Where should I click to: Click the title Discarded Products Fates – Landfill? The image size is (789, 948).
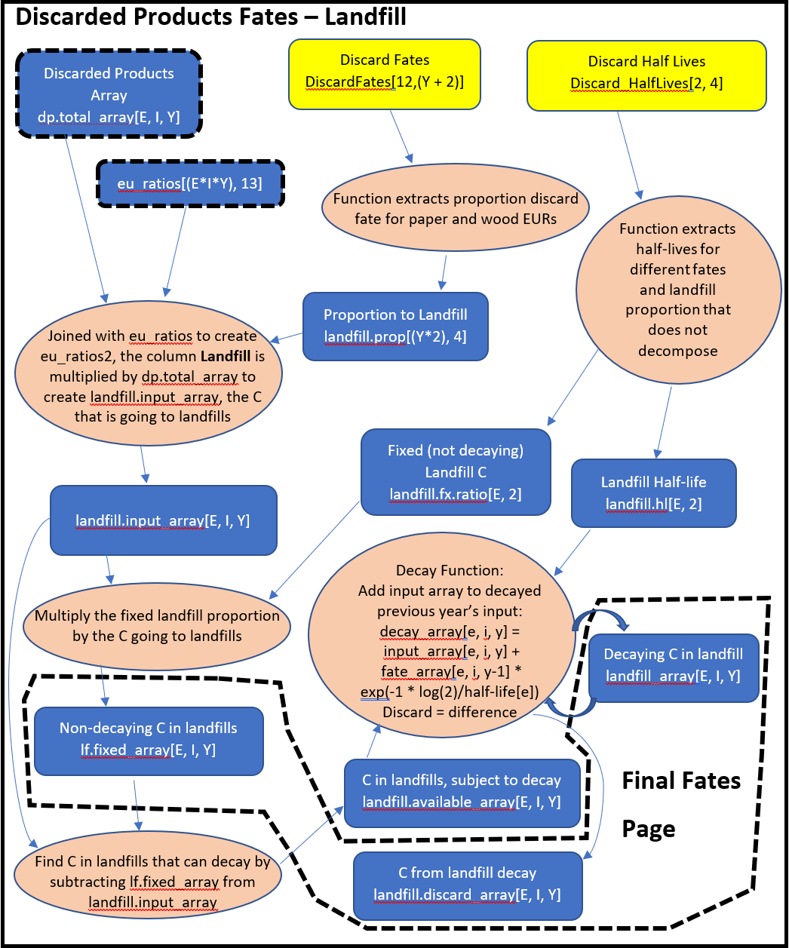point(210,16)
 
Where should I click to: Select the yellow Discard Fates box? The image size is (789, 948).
point(385,72)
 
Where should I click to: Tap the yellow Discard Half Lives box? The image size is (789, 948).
point(646,73)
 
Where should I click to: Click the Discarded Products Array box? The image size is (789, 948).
point(109,94)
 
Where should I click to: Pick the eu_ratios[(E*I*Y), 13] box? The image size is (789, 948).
point(189,183)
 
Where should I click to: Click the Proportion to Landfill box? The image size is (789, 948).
point(395,326)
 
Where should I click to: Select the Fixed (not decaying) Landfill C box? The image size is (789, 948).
point(456,472)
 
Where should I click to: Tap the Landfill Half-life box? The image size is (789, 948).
point(653,492)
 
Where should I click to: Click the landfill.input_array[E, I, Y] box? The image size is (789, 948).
point(163,520)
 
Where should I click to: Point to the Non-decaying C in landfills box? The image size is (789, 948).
point(149,739)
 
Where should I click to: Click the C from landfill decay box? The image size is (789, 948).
point(468,884)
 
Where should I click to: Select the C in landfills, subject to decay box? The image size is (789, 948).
point(462,792)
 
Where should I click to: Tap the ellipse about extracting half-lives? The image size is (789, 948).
point(677,290)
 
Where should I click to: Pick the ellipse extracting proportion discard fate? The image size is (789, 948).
point(456,209)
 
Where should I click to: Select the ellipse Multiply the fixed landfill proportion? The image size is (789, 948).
point(157,626)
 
